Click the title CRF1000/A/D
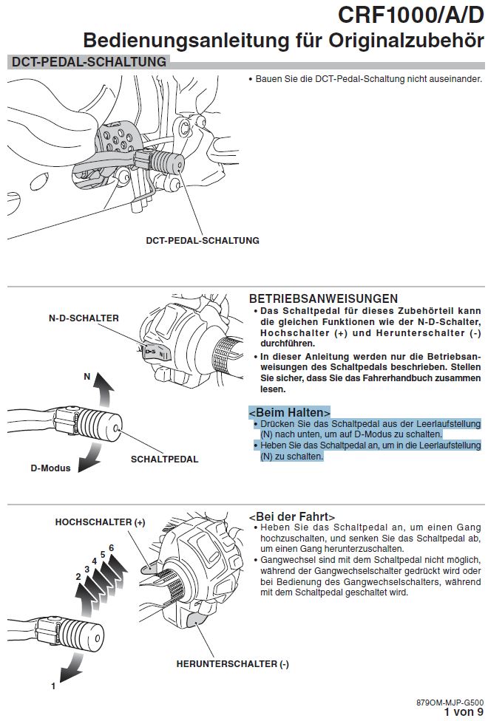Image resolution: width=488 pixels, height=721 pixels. [x=410, y=14]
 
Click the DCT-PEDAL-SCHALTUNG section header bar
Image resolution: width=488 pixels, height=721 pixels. [x=88, y=62]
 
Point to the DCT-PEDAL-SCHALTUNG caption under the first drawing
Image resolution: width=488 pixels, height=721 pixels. [x=202, y=240]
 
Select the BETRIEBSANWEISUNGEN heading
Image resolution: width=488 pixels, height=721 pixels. [x=324, y=299]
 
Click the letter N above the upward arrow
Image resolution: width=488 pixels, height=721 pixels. [x=87, y=376]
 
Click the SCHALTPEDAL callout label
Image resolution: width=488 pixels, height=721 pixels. [x=164, y=459]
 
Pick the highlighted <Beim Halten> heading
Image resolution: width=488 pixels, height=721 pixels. [x=289, y=411]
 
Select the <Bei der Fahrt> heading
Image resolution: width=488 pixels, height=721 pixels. [x=291, y=516]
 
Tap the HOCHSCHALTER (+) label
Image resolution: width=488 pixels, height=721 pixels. [x=101, y=522]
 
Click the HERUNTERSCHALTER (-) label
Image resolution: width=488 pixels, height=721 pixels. [x=232, y=664]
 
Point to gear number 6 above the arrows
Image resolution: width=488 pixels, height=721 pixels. [x=111, y=547]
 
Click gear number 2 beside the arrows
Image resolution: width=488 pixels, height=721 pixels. [x=78, y=576]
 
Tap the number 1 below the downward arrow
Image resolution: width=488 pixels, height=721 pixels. [x=53, y=686]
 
